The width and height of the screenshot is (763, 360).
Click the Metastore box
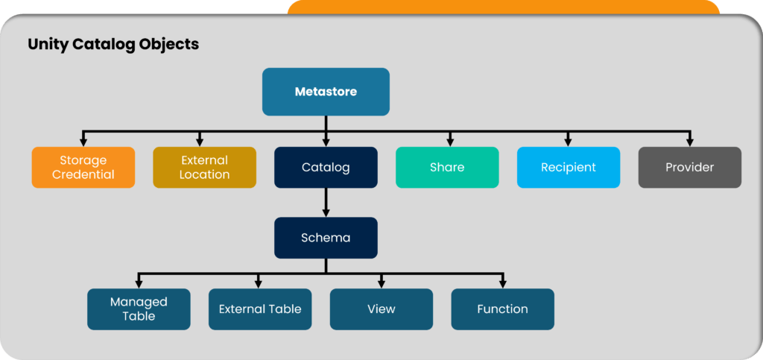point(326,92)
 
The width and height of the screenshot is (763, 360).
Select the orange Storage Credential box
point(83,167)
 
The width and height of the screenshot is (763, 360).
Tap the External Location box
point(204,167)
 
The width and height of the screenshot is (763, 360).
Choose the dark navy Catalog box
point(326,167)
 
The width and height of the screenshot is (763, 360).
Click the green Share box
point(447,167)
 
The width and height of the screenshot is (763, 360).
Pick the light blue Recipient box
point(568,167)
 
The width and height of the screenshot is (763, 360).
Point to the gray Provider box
point(689,167)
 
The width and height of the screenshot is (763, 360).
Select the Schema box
point(326,238)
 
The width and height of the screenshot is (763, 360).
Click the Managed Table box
point(139,309)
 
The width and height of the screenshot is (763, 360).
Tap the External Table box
point(260,309)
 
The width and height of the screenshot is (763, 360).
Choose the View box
point(381,309)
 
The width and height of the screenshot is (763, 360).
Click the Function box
point(502,309)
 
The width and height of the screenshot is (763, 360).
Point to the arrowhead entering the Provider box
point(689,142)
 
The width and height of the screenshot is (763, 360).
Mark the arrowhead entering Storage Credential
point(83,142)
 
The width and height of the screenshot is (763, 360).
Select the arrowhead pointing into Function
point(502,284)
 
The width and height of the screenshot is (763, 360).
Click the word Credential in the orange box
point(83,174)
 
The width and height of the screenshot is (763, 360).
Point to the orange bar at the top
point(503,7)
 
